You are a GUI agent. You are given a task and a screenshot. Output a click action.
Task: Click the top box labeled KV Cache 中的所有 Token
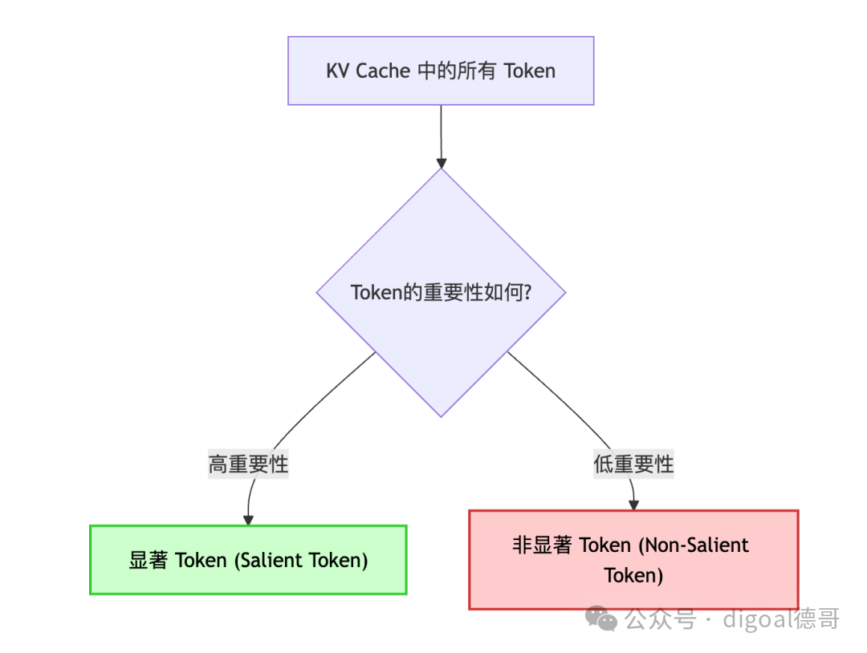(x=441, y=71)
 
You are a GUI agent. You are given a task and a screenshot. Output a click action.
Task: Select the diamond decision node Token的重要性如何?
(x=441, y=293)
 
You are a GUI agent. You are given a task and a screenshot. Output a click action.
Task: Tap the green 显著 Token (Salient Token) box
(x=248, y=560)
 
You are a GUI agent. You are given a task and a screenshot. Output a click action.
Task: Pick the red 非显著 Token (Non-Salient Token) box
(x=633, y=560)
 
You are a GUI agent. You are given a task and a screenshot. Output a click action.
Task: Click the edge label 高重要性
(x=248, y=464)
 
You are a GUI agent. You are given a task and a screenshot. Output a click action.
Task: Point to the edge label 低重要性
(x=633, y=464)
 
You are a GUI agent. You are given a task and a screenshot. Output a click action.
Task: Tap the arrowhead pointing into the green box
(x=248, y=520)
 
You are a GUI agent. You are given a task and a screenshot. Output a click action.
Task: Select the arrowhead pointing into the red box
(x=633, y=505)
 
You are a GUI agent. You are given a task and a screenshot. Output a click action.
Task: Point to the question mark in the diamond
(x=527, y=293)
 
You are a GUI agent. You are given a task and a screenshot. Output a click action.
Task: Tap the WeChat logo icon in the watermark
(x=601, y=619)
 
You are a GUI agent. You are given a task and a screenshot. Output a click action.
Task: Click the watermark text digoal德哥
(x=780, y=619)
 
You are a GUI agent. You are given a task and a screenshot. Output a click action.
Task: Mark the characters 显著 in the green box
(x=149, y=560)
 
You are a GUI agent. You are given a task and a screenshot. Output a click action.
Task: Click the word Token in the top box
(x=530, y=71)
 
